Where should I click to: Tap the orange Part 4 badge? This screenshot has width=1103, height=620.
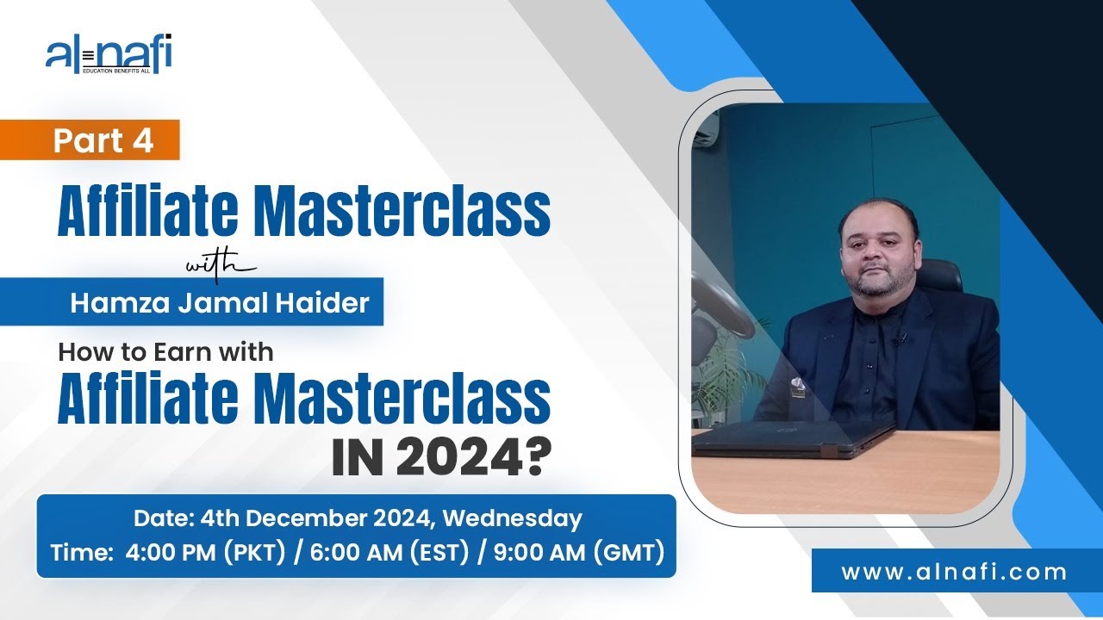tap(103, 140)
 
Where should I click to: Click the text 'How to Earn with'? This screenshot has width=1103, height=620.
tap(165, 351)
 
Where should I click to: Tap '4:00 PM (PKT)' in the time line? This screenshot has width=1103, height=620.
tap(205, 552)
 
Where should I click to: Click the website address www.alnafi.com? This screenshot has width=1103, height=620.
tap(954, 571)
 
